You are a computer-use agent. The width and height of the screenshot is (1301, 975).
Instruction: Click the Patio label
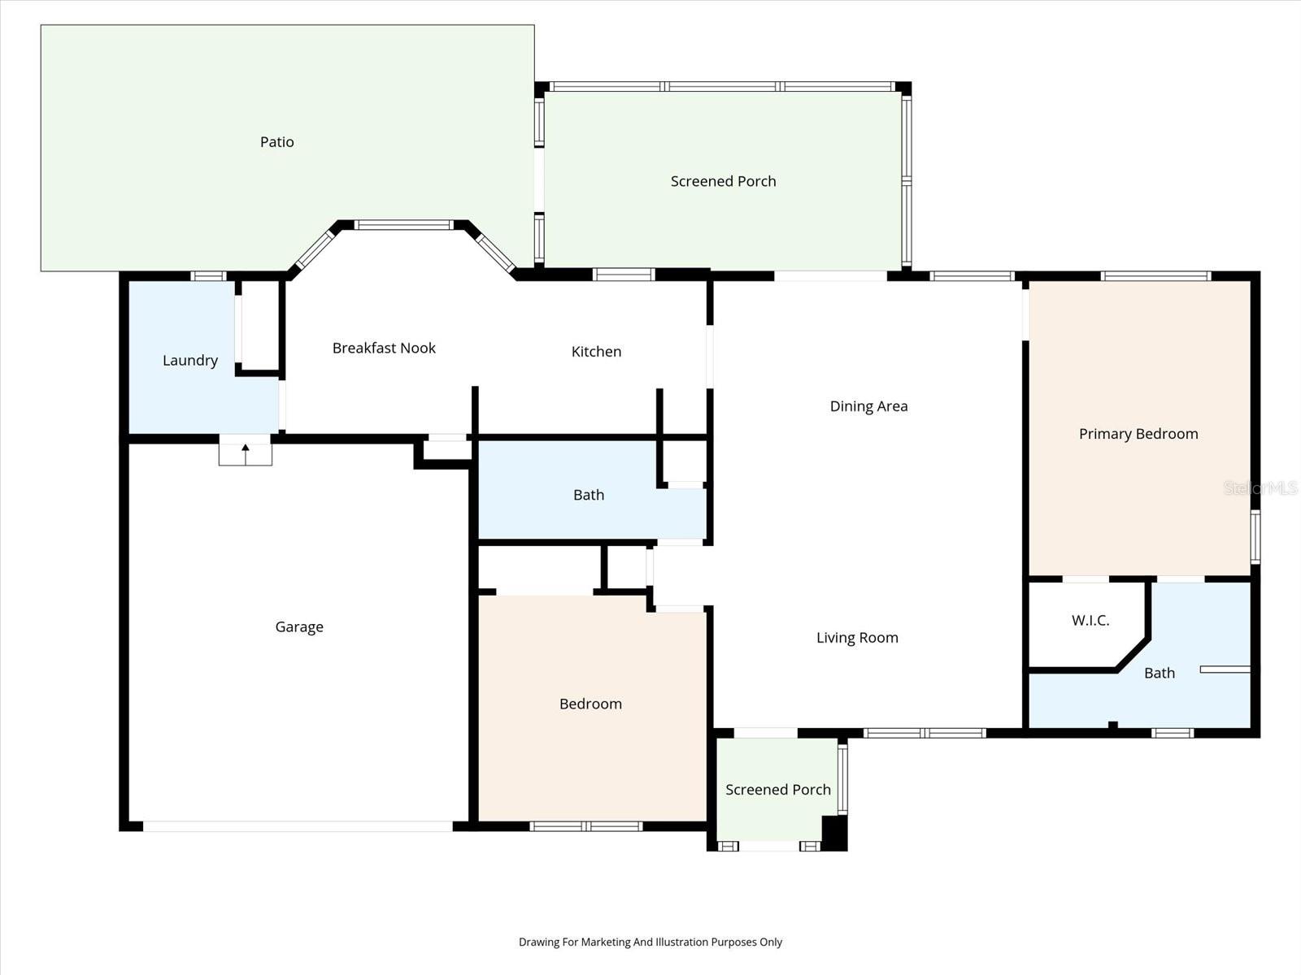276,142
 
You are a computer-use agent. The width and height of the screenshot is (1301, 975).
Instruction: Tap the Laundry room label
189,361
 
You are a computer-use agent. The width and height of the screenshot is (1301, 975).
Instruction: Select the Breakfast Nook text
384,349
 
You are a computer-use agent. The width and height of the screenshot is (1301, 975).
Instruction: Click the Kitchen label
596,352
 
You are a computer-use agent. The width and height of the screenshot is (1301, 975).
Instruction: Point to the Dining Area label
868,406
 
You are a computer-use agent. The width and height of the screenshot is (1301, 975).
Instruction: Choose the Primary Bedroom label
1138,434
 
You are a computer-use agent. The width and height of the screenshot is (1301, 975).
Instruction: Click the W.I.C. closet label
1090,621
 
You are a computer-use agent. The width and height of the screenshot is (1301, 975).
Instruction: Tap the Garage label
299,627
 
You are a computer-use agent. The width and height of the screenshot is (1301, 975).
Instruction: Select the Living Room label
857,638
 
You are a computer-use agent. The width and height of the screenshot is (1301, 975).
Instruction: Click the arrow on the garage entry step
246,449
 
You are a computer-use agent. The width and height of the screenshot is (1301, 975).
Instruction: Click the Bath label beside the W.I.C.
1159,674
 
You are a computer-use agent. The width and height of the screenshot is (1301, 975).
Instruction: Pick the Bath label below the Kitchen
588,495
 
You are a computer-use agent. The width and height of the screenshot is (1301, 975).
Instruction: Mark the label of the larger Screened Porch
723,182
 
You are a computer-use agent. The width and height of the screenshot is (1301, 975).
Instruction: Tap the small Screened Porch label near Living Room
777,790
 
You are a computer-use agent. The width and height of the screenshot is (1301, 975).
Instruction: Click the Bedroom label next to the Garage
590,704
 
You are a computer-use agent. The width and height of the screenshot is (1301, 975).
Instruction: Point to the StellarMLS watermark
1261,488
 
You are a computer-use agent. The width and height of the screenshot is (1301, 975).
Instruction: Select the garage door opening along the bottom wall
298,826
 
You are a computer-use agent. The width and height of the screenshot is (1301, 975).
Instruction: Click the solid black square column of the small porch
834,833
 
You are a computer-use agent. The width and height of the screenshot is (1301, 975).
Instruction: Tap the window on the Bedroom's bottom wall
585,826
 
